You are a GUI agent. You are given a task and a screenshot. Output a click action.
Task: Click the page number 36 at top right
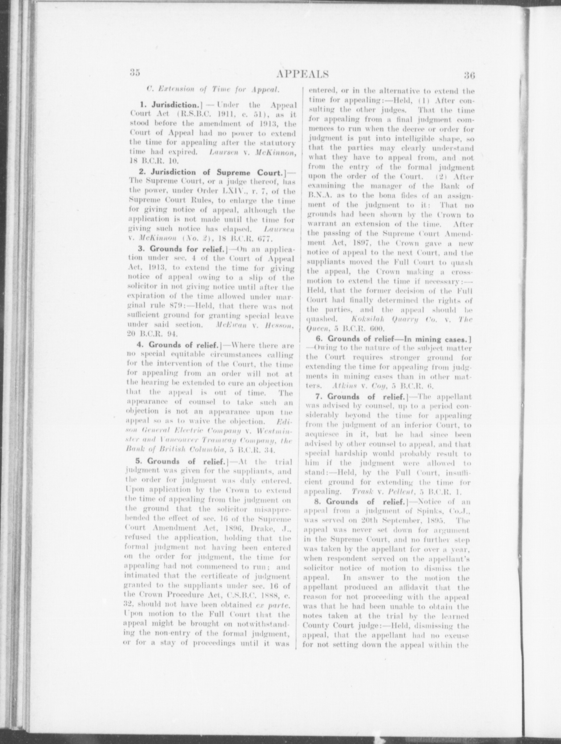click(469, 76)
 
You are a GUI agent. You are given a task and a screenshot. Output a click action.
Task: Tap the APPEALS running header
click(302, 74)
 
